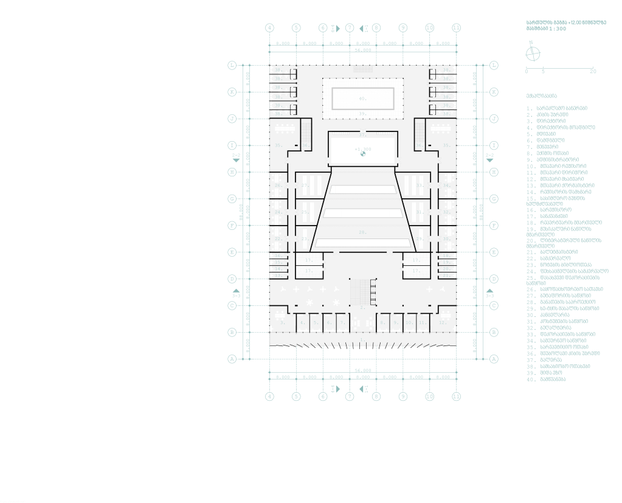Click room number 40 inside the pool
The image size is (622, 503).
362,98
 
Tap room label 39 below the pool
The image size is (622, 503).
362,114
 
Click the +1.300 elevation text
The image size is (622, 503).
362,148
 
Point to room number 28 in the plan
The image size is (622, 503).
362,232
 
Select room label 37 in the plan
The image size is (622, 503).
362,134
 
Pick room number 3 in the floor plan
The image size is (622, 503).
283,322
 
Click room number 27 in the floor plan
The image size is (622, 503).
305,185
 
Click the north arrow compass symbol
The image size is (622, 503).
532,54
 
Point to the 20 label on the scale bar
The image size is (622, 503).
593,71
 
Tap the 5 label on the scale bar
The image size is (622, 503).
543,71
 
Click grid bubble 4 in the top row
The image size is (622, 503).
270,28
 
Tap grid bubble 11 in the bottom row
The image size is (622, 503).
456,397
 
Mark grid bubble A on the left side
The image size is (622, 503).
232,359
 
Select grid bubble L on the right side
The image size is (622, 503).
494,65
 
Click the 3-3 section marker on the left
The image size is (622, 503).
236,293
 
